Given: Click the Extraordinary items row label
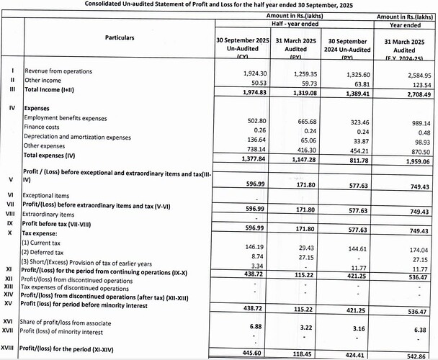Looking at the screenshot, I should click(x=48, y=215).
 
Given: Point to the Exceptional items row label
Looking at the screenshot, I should click(x=48, y=195).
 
